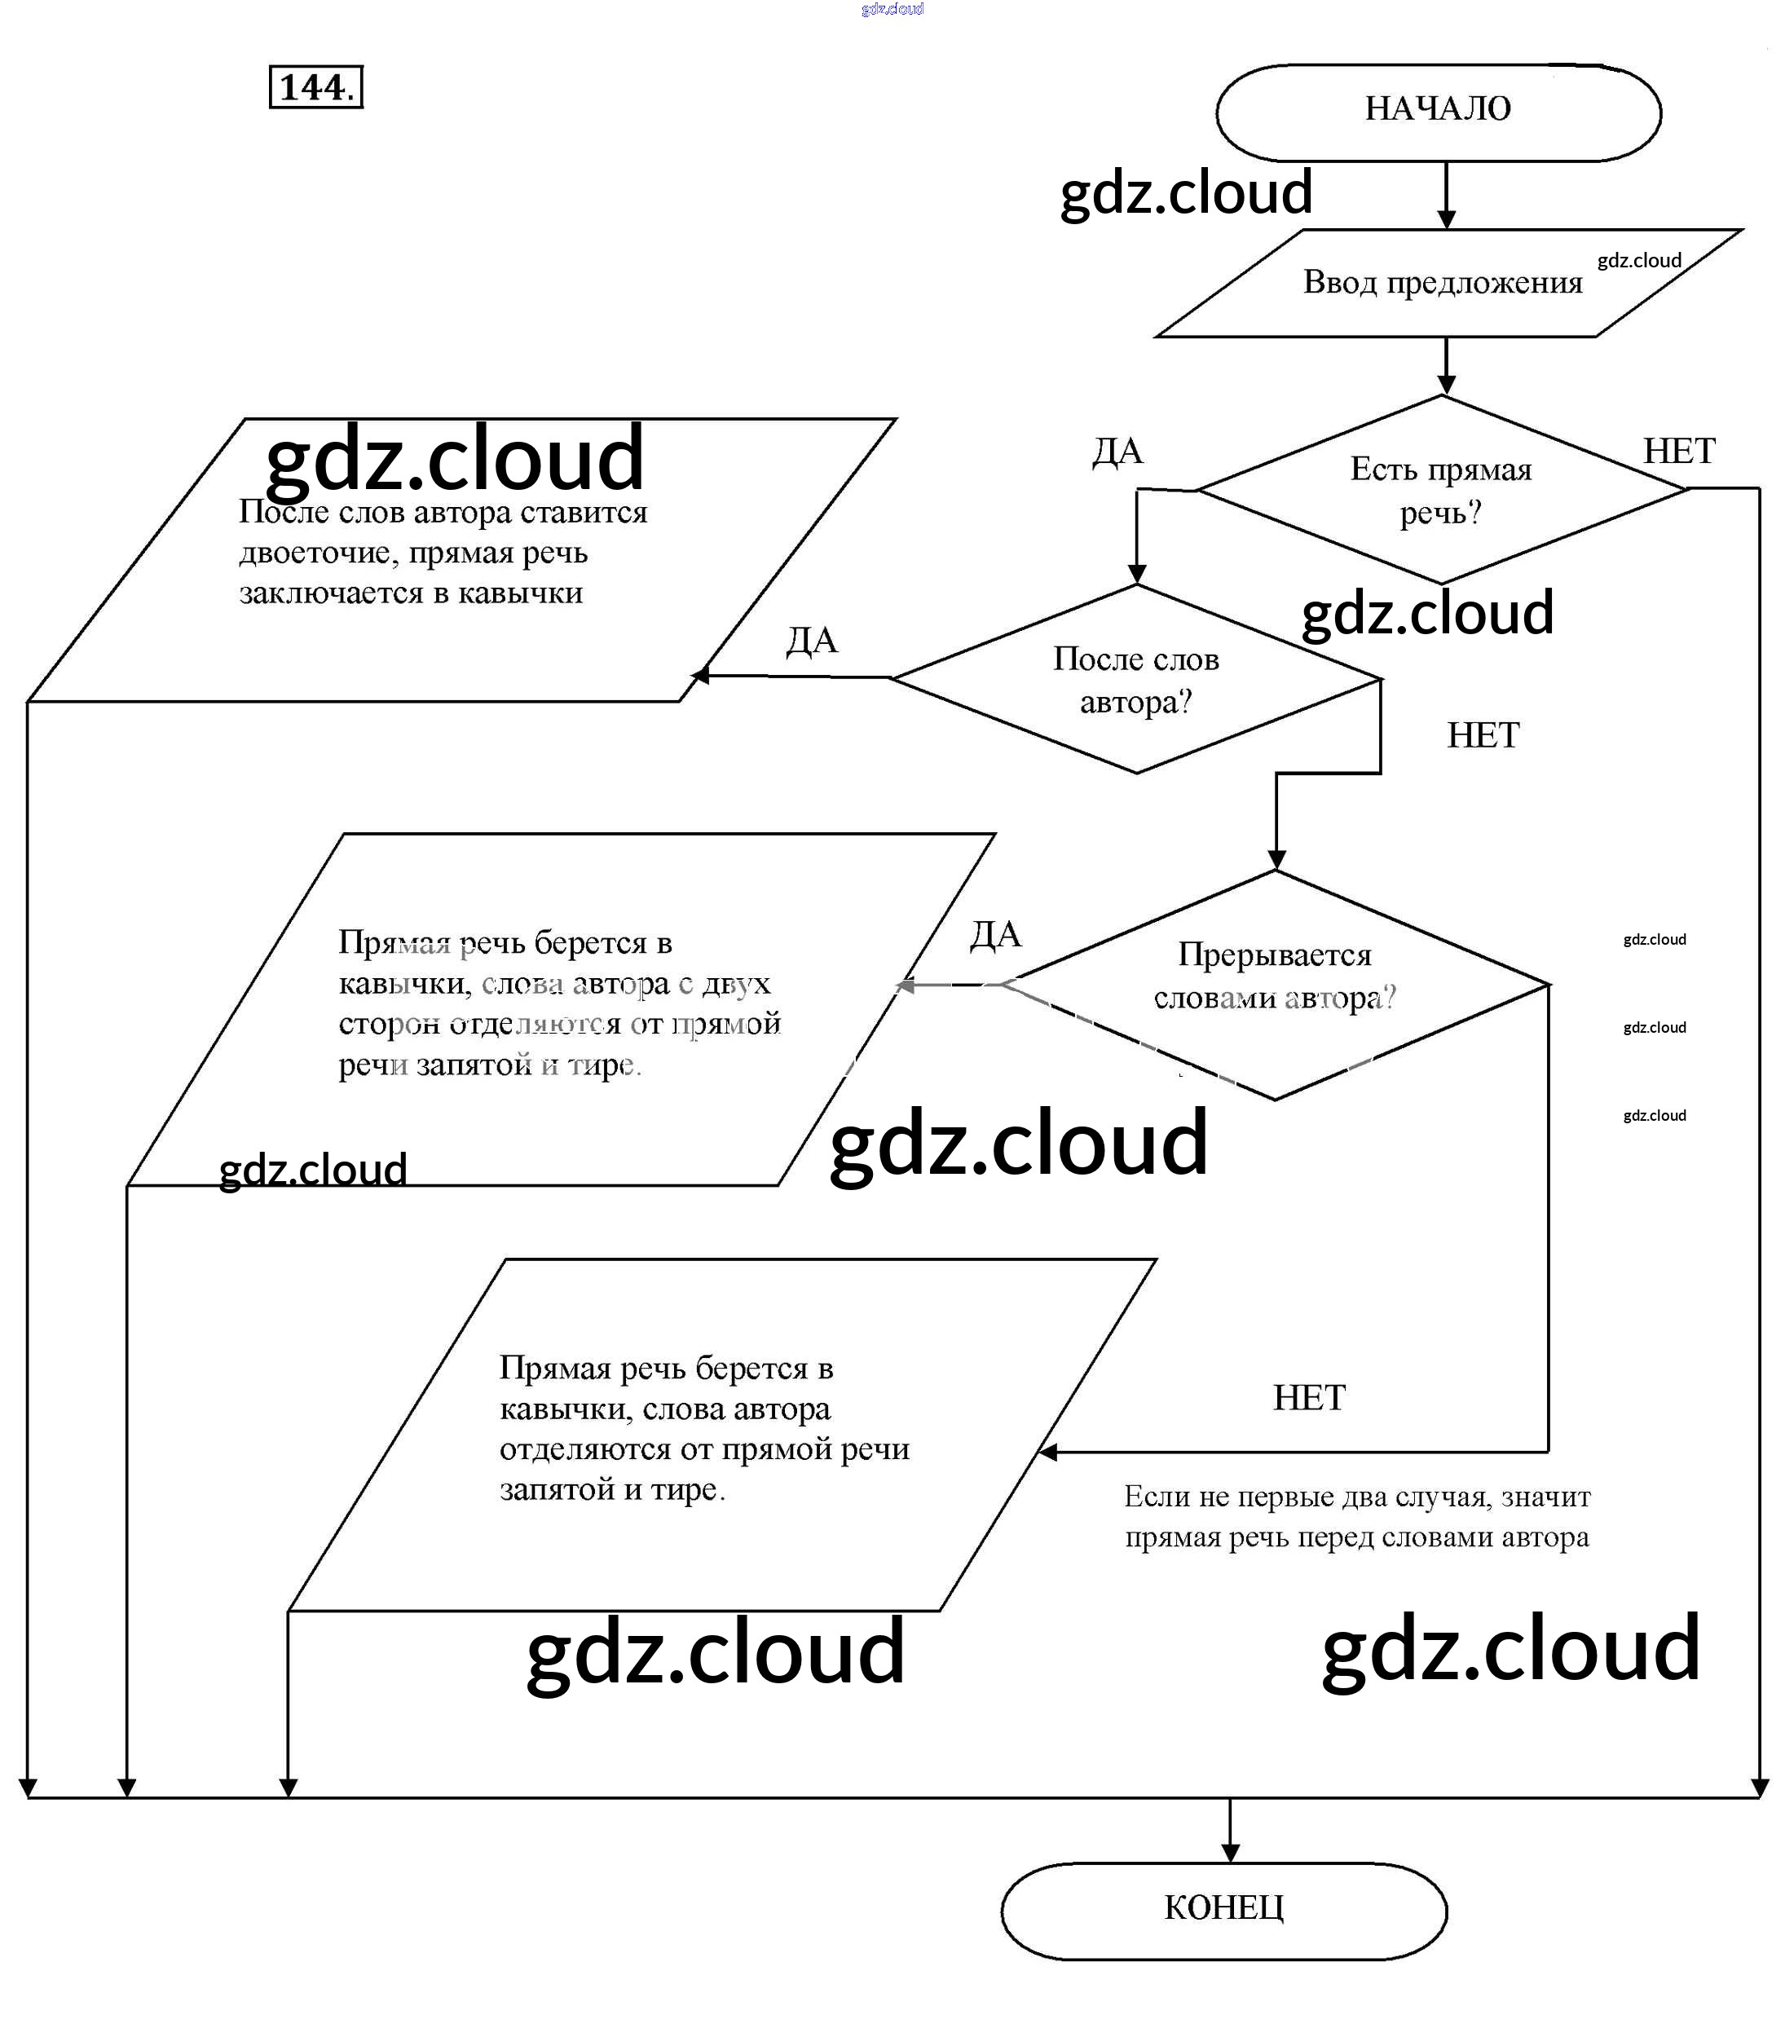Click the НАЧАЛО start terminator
1437,109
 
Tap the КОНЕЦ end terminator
1223,1907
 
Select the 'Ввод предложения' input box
1443,283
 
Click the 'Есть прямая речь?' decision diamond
1440,490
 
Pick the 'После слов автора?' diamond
1135,679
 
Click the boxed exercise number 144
315,88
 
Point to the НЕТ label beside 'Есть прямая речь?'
1678,452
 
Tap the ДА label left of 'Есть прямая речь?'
1117,452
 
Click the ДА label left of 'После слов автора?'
811,641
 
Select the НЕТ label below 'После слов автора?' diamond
1482,736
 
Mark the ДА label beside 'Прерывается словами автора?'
995,934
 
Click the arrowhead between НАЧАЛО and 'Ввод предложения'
1446,220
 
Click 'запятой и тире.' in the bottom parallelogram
611,1490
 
